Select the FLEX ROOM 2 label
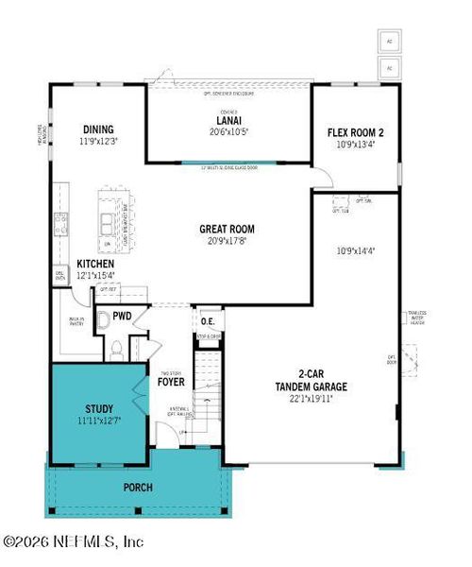[x=355, y=132]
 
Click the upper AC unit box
[x=389, y=42]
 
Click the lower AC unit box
[x=389, y=67]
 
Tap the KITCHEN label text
[x=95, y=264]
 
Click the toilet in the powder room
[x=116, y=351]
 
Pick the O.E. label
[x=208, y=321]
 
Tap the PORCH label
[x=139, y=488]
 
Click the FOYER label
[x=171, y=384]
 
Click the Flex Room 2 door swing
[x=323, y=177]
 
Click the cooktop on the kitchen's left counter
[x=59, y=224]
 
